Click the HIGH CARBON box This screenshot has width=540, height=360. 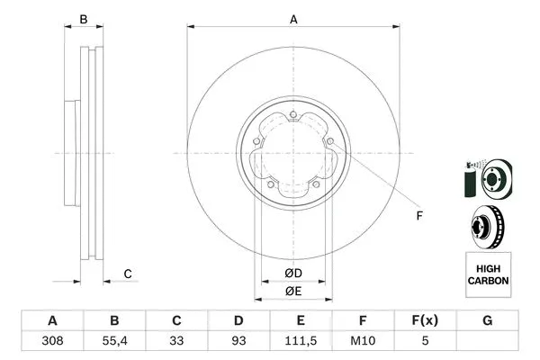pyautogui.click(x=488, y=275)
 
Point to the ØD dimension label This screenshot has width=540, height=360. pyautogui.click(x=293, y=273)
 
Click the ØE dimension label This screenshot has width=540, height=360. pyautogui.click(x=293, y=292)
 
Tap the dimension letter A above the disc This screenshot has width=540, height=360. pyautogui.click(x=293, y=19)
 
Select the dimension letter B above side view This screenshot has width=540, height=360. pyautogui.click(x=84, y=19)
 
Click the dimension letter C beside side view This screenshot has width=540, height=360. pyautogui.click(x=128, y=274)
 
